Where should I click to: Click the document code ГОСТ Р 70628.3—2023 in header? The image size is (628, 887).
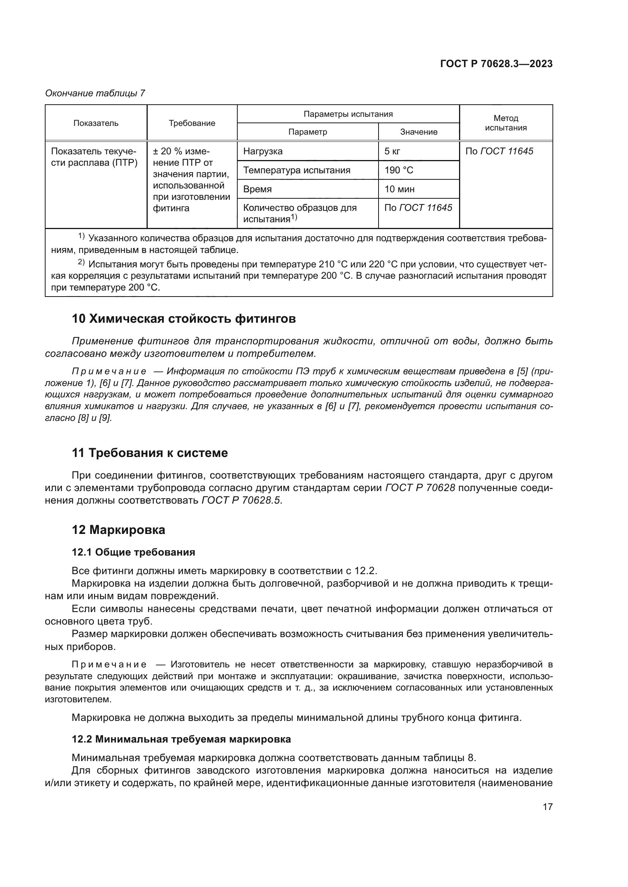pyautogui.click(x=496, y=64)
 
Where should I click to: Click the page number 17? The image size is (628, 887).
pyautogui.click(x=548, y=807)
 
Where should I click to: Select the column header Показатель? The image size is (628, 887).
pyautogui.click(x=96, y=123)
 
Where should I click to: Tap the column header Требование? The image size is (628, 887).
pyautogui.click(x=192, y=123)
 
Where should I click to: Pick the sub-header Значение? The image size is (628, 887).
pyautogui.click(x=419, y=132)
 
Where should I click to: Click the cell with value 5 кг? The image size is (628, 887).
pyautogui.click(x=392, y=151)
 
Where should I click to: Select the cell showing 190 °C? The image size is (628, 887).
pyautogui.click(x=399, y=170)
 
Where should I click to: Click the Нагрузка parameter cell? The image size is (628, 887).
pyautogui.click(x=263, y=151)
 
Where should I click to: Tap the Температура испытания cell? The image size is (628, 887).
pyautogui.click(x=297, y=170)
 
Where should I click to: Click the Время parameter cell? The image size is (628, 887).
pyautogui.click(x=257, y=189)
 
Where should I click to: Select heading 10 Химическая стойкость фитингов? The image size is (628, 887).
pyautogui.click(x=184, y=319)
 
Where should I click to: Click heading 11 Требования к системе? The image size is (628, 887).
pyautogui.click(x=150, y=453)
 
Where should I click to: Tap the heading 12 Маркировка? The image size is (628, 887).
pyautogui.click(x=118, y=530)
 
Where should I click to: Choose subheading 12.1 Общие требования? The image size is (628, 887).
pyautogui.click(x=133, y=553)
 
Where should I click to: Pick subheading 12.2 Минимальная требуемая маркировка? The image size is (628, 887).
pyautogui.click(x=181, y=739)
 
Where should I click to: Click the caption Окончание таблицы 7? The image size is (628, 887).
pyautogui.click(x=95, y=93)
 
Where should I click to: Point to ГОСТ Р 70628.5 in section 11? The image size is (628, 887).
pyautogui.click(x=242, y=500)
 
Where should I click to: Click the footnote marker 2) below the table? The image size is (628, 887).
pyautogui.click(x=81, y=263)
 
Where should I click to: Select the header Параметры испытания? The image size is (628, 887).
pyautogui.click(x=348, y=114)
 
